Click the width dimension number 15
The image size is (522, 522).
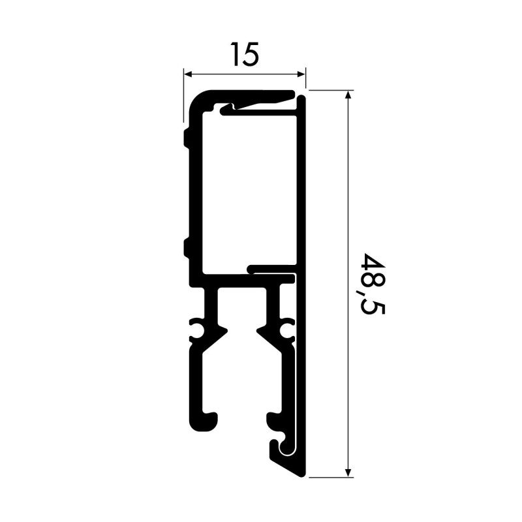244,55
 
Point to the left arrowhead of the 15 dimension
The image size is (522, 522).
187,73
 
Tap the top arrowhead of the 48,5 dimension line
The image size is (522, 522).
348,95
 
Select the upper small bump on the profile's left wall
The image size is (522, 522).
187,138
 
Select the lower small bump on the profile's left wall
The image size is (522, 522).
187,247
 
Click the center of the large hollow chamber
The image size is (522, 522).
248,189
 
